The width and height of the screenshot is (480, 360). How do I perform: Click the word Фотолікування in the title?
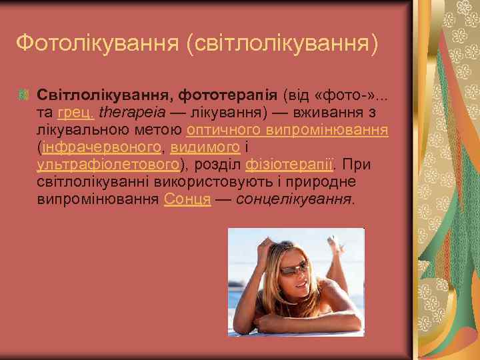coord(97,43)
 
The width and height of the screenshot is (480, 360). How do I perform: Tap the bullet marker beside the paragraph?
coord(25,95)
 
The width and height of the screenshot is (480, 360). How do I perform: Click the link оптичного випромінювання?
coord(288,129)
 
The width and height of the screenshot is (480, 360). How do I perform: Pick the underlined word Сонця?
coord(187,199)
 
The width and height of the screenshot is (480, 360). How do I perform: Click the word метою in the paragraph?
coord(159,129)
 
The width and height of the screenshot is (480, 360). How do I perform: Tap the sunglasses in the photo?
coord(291,268)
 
